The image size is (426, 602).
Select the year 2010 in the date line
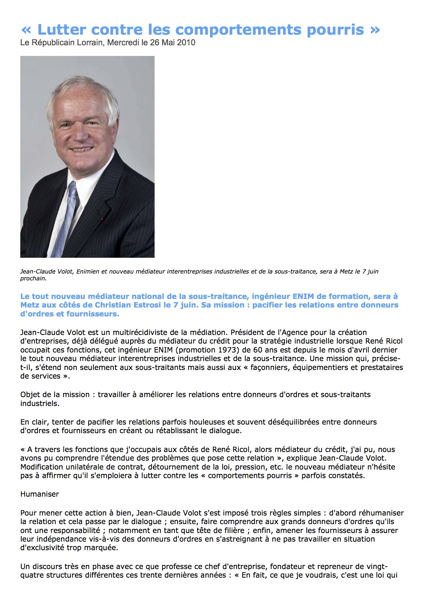pos(186,43)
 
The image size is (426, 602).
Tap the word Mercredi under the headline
pos(123,43)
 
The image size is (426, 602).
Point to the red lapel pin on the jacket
pos(102,219)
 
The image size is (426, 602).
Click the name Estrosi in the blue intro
pos(153,305)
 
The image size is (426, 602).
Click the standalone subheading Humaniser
pos(40,494)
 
